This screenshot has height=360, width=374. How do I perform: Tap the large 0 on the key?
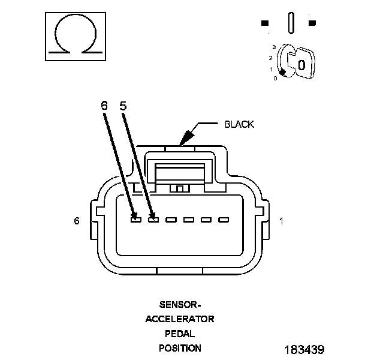coord(301,64)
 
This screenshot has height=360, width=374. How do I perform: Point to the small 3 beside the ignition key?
coord(273,46)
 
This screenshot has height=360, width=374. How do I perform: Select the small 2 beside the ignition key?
coord(271,58)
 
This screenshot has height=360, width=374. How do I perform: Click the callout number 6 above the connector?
coord(104,105)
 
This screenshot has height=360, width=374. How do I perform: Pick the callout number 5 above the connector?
coord(123,105)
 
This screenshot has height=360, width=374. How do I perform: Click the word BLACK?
coord(239,125)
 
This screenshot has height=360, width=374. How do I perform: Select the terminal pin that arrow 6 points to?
coord(136,220)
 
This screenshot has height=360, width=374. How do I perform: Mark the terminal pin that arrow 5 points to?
coord(153,220)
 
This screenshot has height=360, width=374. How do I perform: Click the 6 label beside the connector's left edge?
coord(77,221)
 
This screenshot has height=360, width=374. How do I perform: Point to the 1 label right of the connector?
coord(281,221)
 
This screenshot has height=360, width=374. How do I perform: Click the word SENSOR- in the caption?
coord(179,304)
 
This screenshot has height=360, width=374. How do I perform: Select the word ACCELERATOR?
coord(179,319)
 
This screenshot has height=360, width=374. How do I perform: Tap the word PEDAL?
coord(179,333)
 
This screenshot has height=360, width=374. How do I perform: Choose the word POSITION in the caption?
coord(180,348)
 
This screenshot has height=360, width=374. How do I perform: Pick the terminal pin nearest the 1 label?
coord(224,220)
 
